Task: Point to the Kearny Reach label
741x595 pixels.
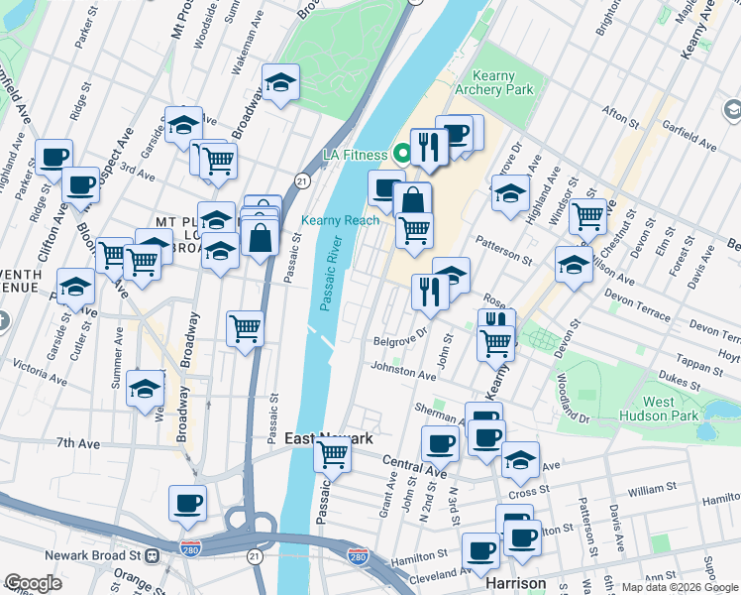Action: click(340, 220)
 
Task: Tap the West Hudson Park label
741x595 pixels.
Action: click(673, 410)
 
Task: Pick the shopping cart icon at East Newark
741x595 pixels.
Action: click(332, 455)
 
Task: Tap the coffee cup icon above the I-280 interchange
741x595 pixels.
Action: click(187, 504)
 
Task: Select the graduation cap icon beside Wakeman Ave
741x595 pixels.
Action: click(280, 83)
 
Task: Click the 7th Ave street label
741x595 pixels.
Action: click(79, 442)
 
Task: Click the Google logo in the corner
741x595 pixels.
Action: click(34, 583)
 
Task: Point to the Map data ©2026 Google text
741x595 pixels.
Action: click(679, 587)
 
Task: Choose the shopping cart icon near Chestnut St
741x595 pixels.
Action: click(588, 215)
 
